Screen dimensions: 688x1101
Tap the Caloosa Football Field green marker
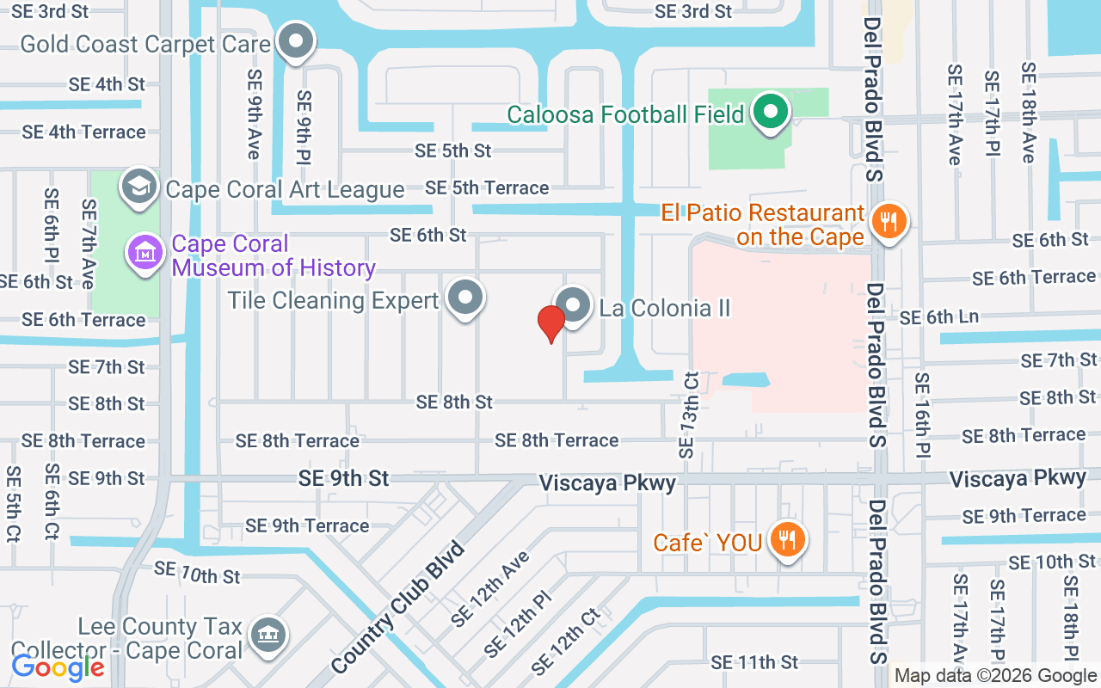pos(771,112)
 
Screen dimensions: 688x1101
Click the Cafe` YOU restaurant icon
pos(786,541)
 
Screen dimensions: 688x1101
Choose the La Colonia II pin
pos(572,305)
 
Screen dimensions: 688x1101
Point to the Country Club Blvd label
pos(397,607)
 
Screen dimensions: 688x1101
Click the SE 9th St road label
pos(344,478)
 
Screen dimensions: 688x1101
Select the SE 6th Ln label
pos(939,317)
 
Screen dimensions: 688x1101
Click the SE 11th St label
pos(754,662)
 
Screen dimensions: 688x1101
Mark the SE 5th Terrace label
pos(487,187)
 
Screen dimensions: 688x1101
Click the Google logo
pos(58,666)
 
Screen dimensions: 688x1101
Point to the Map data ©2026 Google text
pos(995,676)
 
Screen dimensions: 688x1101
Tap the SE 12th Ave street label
pos(490,589)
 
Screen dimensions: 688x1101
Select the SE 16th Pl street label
pos(922,415)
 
